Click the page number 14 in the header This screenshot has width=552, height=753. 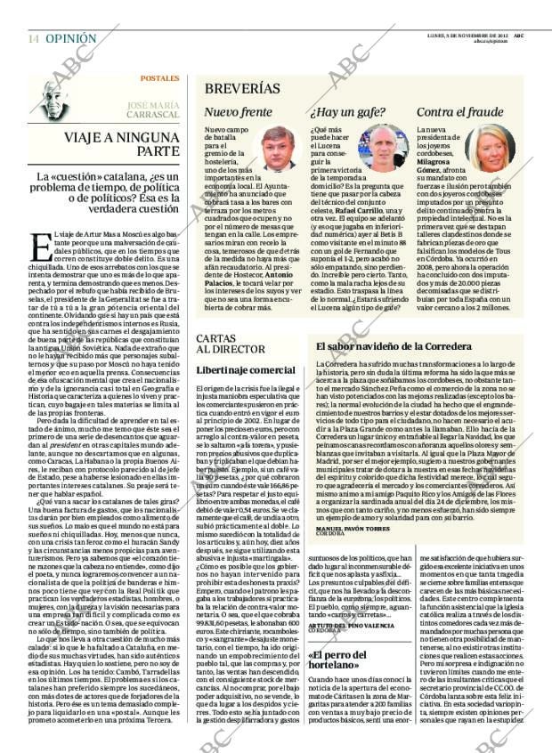(x=33, y=39)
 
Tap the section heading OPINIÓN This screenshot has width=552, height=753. (x=71, y=39)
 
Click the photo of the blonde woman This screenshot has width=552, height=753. (x=489, y=148)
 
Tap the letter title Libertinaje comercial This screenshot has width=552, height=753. (x=245, y=369)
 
